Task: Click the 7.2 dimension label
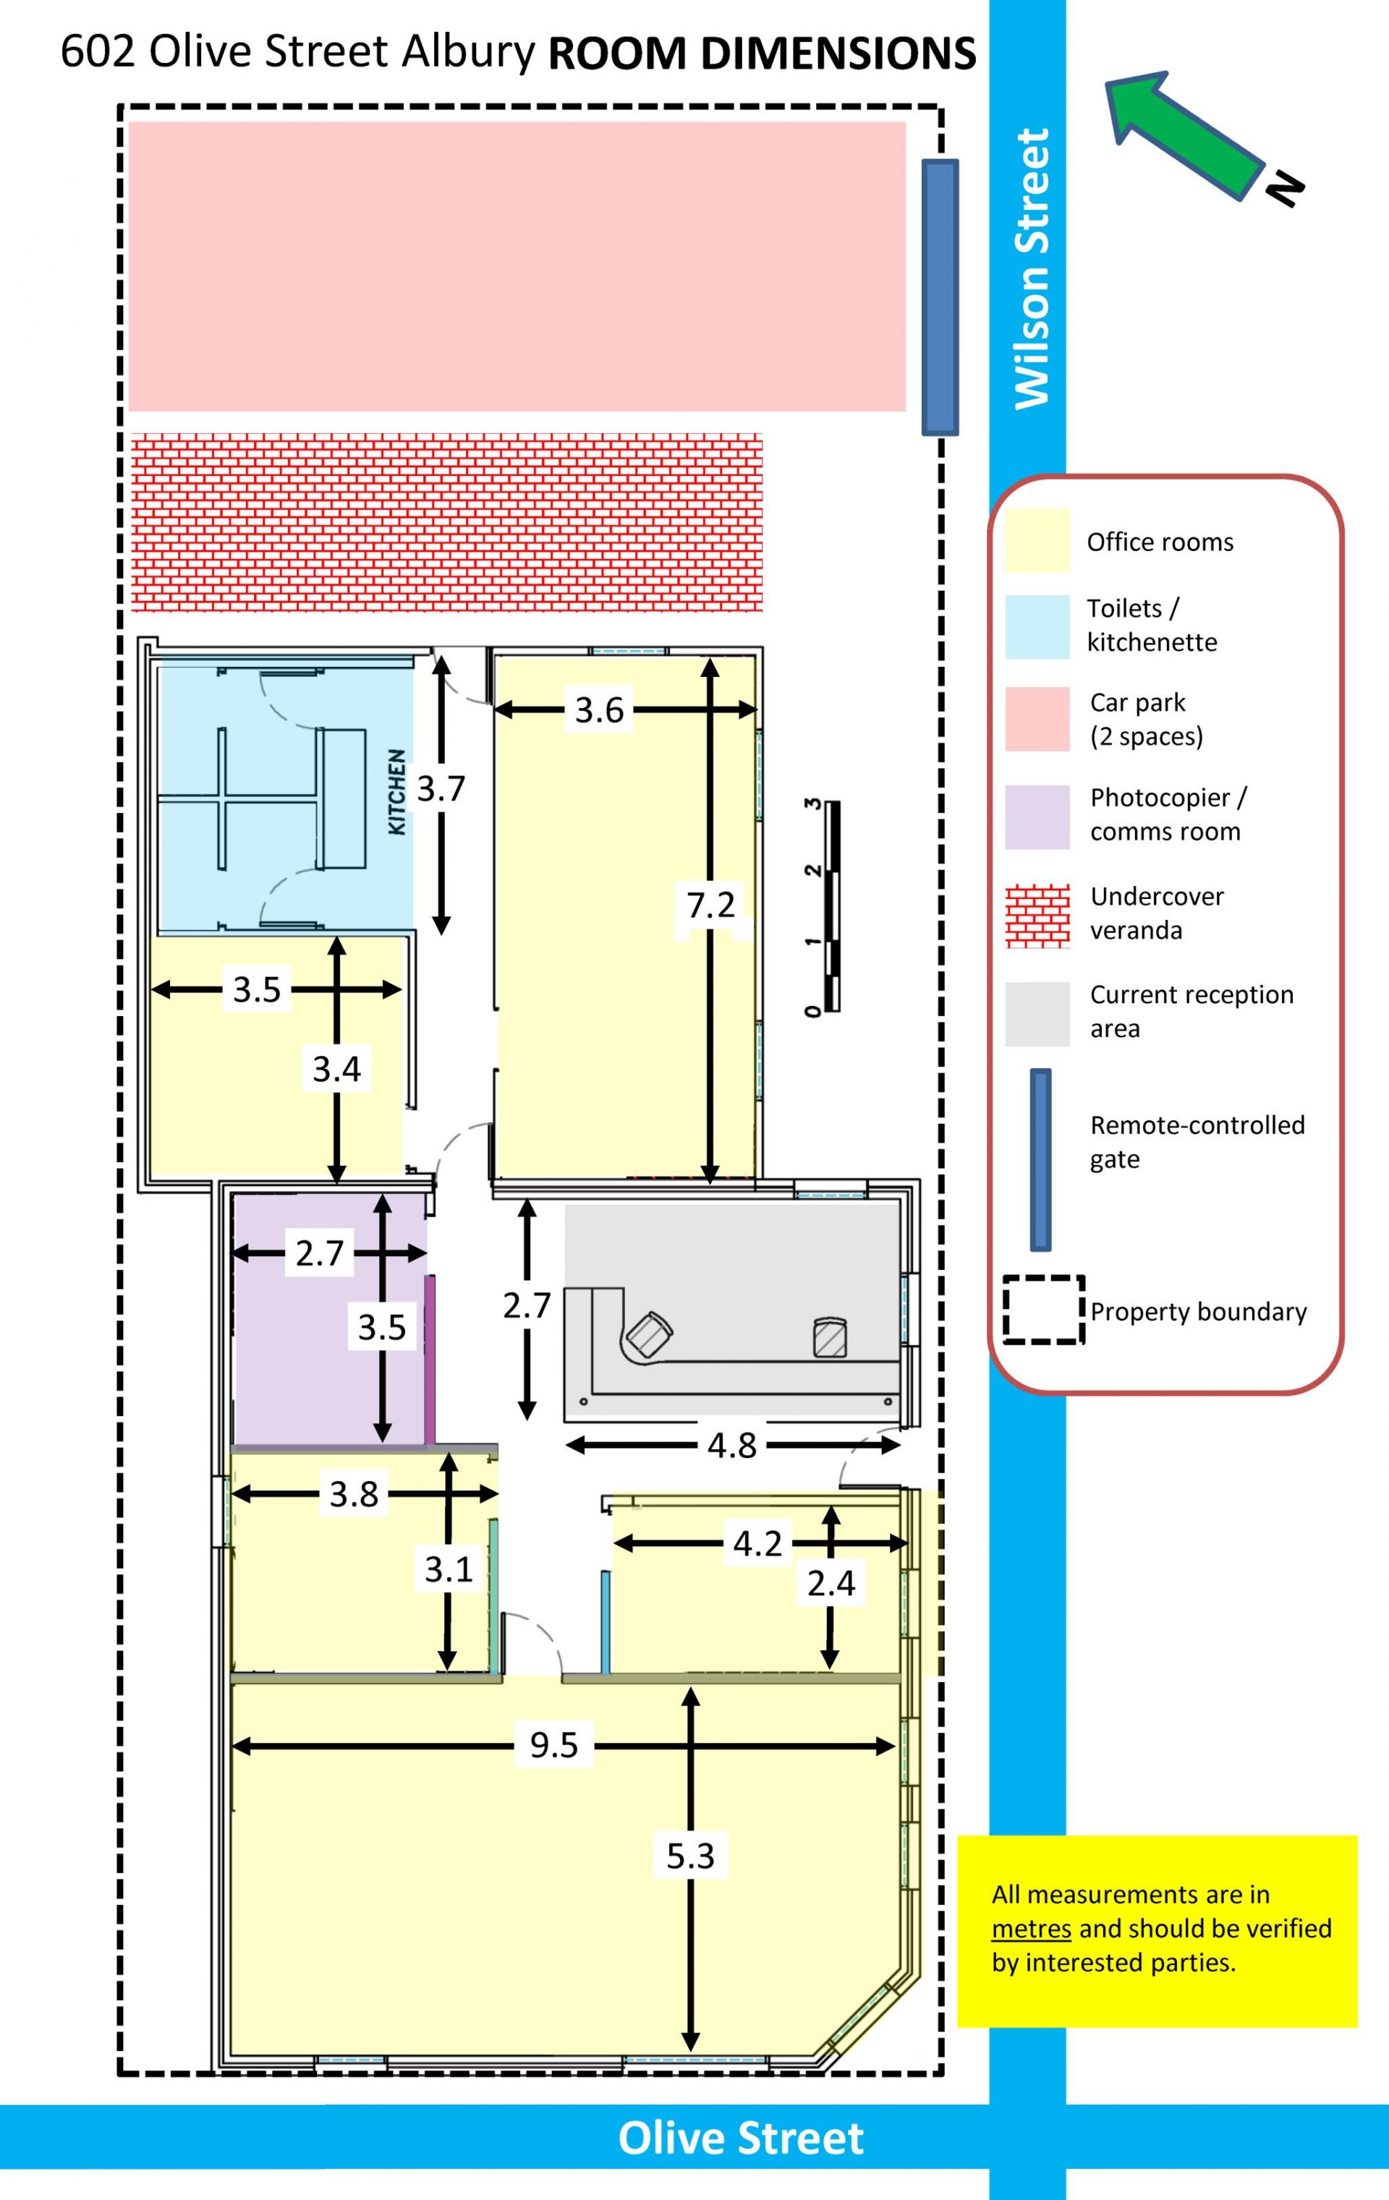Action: click(x=711, y=905)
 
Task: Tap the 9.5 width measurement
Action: click(x=553, y=1745)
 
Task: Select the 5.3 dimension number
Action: click(x=690, y=1856)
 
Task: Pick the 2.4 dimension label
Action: click(x=831, y=1583)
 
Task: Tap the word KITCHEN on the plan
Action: click(x=396, y=791)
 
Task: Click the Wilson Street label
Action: click(x=1032, y=268)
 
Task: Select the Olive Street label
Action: click(x=740, y=2139)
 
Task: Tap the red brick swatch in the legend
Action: click(x=1037, y=916)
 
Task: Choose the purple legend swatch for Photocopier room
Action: click(x=1037, y=817)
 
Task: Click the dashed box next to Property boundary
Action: click(x=1044, y=1309)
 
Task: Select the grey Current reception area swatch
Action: click(x=1037, y=1014)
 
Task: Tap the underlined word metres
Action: click(x=1031, y=1929)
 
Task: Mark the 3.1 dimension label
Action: click(x=448, y=1569)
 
